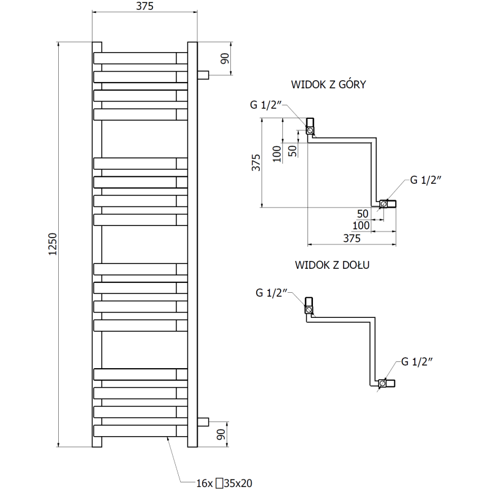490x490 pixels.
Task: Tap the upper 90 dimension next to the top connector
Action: click(x=224, y=59)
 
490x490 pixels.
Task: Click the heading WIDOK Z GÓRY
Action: click(x=329, y=85)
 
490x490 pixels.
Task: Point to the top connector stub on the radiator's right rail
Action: click(x=203, y=75)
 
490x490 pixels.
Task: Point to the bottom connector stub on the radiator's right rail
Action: click(x=203, y=421)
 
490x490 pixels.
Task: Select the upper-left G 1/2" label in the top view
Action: click(x=265, y=105)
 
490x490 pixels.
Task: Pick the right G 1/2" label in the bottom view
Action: click(x=418, y=361)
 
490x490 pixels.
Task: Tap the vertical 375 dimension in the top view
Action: click(x=257, y=163)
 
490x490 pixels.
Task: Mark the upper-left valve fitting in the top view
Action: click(x=311, y=127)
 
